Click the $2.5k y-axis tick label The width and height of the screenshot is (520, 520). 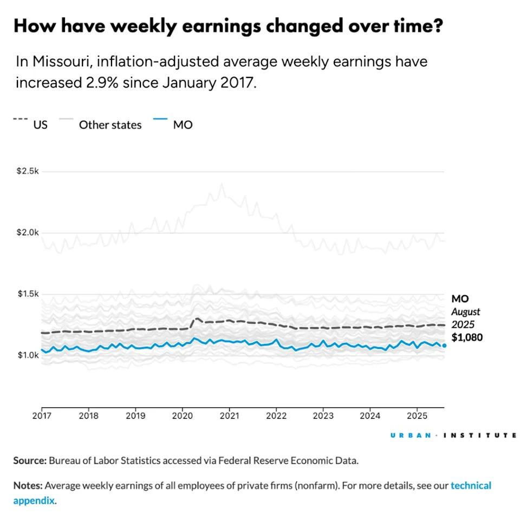pos(27,171)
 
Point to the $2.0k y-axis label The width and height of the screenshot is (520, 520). pos(27,232)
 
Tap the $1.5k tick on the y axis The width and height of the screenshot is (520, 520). pos(27,294)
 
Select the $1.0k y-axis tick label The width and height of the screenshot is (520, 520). pos(27,355)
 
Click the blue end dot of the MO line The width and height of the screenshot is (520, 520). pos(444,345)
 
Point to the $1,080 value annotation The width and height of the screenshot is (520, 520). pos(467,337)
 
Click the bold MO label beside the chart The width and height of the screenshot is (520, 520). pos(460,298)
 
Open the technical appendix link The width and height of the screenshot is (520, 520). pos(470,485)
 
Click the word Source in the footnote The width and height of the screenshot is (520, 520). pos(30,461)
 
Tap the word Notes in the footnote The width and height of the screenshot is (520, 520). pos(28,485)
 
